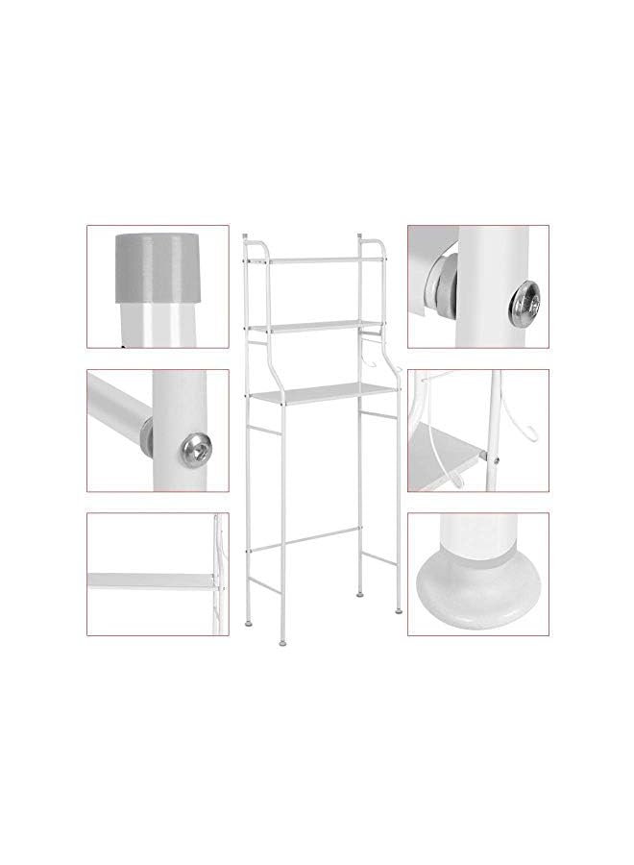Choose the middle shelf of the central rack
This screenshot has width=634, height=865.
[x=316, y=326]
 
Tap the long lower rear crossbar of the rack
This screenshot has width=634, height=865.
[x=306, y=540]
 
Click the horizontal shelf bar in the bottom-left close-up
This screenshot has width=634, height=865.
[x=149, y=581]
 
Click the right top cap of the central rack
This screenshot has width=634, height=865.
[x=359, y=235]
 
